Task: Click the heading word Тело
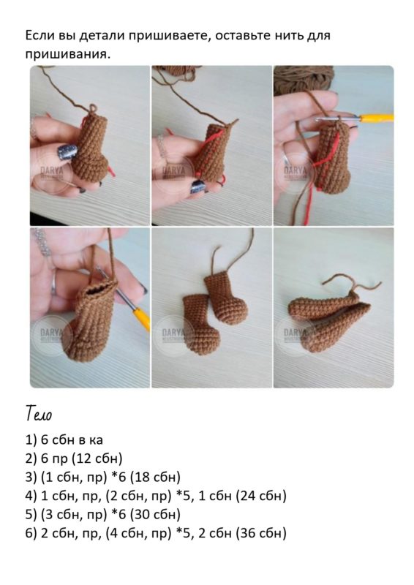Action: pyautogui.click(x=39, y=413)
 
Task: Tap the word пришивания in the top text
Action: pyautogui.click(x=68, y=54)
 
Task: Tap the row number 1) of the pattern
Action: pyautogui.click(x=31, y=440)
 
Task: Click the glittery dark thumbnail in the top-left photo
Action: pyautogui.click(x=68, y=152)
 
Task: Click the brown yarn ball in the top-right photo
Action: pyautogui.click(x=303, y=79)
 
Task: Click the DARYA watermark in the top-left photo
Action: pyautogui.click(x=52, y=172)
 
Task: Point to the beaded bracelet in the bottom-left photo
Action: pyautogui.click(x=42, y=242)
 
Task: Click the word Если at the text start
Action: pyautogui.click(x=40, y=35)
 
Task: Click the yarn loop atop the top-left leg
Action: pyautogui.click(x=93, y=108)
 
